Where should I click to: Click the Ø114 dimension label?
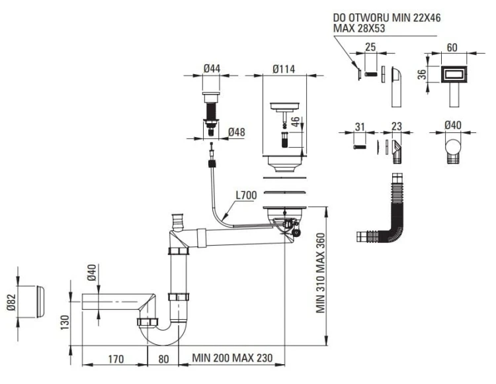point(284,69)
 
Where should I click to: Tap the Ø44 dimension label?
point(212,68)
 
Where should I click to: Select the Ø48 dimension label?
point(236,132)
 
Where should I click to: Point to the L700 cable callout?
point(246,195)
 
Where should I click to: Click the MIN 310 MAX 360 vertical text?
point(321,273)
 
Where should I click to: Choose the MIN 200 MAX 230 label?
point(232,358)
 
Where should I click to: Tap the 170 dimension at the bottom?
point(116,359)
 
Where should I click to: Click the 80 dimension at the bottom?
point(163,359)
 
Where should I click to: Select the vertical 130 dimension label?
point(65,322)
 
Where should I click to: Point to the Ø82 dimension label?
point(11,303)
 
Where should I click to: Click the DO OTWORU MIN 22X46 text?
point(387,18)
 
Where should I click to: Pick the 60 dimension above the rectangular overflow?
point(452,48)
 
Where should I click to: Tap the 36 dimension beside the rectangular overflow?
point(422,74)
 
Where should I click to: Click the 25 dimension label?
point(370,47)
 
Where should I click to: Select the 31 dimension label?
point(360,127)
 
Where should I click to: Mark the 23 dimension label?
point(396,126)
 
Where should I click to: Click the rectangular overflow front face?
point(454,75)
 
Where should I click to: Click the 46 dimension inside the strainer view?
point(295,122)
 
